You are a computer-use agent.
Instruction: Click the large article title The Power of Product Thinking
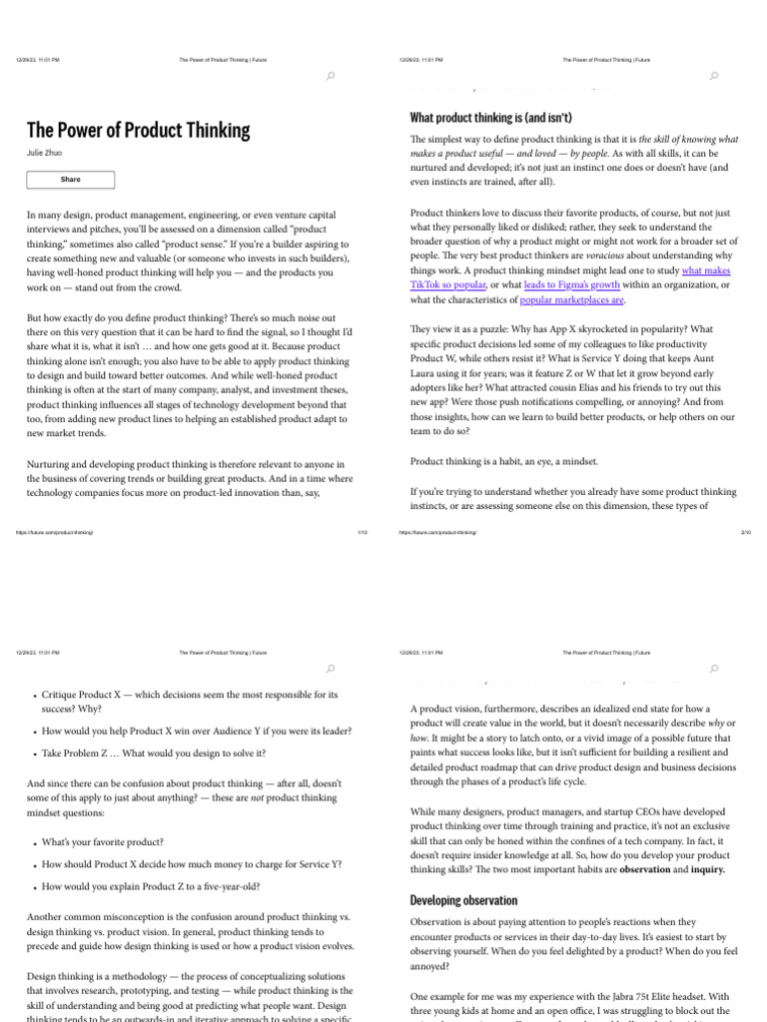coord(138,131)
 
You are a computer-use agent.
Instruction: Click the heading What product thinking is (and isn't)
coord(490,118)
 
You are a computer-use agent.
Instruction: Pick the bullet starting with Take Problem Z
coord(154,753)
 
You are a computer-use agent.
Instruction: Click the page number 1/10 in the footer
coord(362,533)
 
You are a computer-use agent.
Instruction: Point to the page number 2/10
coord(745,533)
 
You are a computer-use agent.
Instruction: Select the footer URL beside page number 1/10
coord(55,533)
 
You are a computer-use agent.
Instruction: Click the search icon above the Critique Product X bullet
coord(330,668)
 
